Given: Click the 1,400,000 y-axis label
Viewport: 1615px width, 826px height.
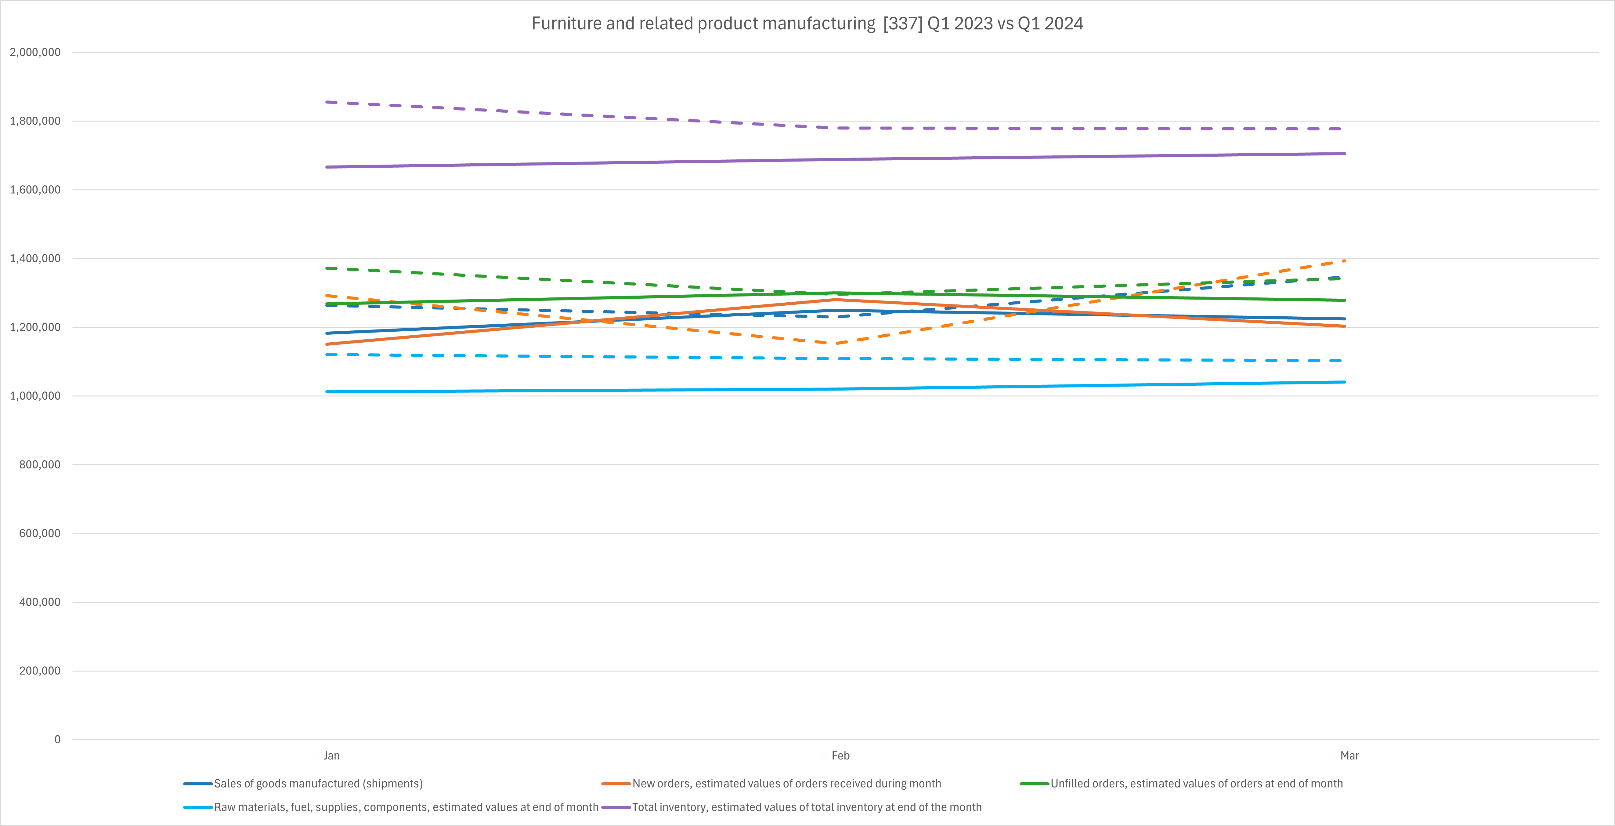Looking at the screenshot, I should coord(35,258).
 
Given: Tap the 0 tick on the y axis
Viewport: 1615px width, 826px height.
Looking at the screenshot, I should coord(57,740).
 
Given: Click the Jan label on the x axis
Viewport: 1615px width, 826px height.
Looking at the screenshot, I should coord(332,756).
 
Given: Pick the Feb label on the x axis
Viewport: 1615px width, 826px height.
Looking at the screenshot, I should coord(840,756).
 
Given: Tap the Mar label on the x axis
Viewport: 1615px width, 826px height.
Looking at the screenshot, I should coord(1349,756).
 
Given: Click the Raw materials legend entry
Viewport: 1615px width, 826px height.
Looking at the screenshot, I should coord(406,807).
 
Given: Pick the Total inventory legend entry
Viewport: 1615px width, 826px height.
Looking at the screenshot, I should coord(806,807).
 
